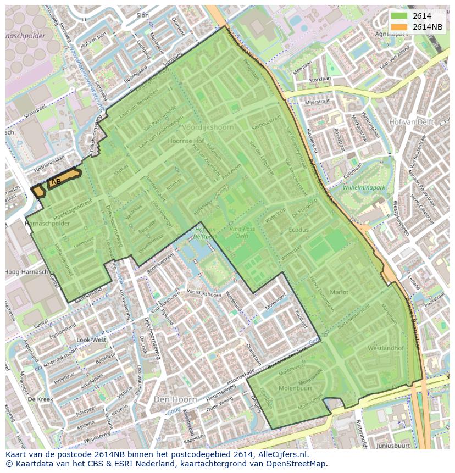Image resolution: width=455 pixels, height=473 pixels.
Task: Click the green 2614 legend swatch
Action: pos(399,16)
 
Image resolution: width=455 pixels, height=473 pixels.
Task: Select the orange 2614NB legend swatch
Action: pos(399,27)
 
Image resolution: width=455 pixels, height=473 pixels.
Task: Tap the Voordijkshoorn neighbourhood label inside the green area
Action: pos(208,127)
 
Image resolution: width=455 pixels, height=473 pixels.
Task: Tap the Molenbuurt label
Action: pos(296,387)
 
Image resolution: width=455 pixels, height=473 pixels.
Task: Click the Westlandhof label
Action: pos(386,348)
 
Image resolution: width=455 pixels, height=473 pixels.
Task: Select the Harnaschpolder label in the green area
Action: pos(48,224)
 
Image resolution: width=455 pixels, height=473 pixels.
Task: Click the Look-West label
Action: pos(92,340)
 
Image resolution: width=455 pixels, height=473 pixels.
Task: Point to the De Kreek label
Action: pos(39,398)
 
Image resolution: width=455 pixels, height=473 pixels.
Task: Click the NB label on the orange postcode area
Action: pos(56,182)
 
